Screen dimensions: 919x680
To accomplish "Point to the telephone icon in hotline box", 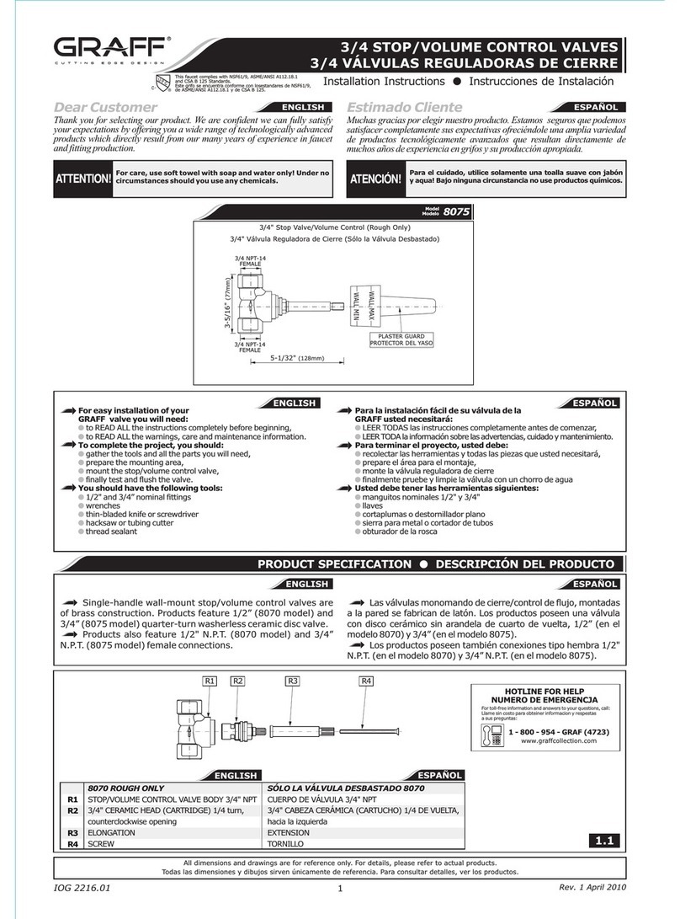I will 492,734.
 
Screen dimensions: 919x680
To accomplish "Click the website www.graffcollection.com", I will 558,741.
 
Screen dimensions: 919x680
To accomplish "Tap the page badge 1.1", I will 604,839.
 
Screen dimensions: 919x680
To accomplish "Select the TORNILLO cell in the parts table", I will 286,842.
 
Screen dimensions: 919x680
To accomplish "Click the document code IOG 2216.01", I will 82,887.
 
